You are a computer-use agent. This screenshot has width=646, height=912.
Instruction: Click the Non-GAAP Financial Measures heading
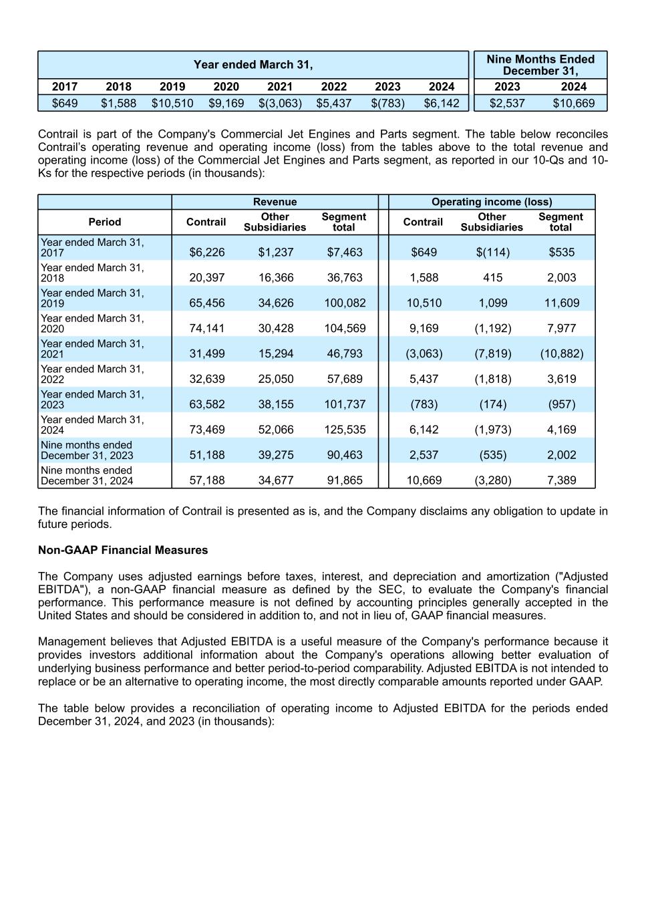123,550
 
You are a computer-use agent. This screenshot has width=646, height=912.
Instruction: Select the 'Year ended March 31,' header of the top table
253,64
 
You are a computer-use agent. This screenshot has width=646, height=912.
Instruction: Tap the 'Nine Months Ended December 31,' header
540,65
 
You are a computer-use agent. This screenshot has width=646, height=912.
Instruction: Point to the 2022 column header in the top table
334,86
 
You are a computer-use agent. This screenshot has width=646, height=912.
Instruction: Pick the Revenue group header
275,202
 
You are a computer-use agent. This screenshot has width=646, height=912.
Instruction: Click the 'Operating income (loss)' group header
492,202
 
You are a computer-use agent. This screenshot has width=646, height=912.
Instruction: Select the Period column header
105,222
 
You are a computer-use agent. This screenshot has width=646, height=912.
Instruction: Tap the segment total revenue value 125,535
345,430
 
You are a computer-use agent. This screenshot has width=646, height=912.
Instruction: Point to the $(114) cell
493,252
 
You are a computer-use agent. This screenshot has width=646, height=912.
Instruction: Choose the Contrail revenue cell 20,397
207,277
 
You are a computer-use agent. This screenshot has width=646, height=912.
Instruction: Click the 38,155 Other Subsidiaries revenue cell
276,404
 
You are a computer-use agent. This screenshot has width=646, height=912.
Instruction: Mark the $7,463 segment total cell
345,252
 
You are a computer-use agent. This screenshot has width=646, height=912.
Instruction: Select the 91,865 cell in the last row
345,480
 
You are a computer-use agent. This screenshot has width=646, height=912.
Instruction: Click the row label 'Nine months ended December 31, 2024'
87,475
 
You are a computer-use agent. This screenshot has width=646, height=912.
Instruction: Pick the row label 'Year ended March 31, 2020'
92,323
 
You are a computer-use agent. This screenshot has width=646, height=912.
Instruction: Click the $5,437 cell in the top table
334,103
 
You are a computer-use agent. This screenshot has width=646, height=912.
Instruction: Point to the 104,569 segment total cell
345,328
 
